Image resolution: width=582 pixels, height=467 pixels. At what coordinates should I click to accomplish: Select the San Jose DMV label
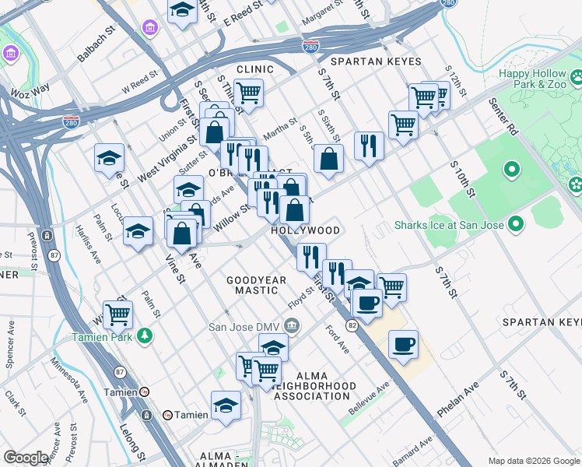(x=245, y=326)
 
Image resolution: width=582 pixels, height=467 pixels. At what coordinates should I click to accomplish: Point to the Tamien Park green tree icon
(x=144, y=335)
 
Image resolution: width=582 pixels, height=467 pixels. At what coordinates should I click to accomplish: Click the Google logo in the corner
(x=26, y=458)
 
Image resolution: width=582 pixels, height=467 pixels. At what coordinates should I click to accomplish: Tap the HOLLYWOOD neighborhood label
(x=306, y=231)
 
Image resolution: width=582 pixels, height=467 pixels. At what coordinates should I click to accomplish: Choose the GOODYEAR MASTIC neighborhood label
(x=252, y=285)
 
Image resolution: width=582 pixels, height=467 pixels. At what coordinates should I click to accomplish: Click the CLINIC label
(x=255, y=69)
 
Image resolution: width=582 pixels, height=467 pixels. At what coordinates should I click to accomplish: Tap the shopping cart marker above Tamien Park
(x=117, y=314)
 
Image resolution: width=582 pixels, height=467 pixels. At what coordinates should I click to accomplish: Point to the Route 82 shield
(x=352, y=326)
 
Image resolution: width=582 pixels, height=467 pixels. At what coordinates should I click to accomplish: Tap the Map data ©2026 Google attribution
(x=534, y=461)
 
